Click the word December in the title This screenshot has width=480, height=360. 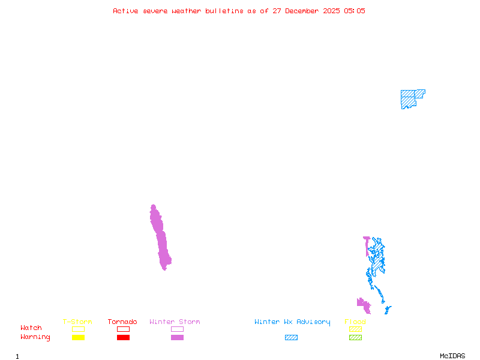(x=306, y=11)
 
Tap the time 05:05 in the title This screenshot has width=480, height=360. (x=354, y=11)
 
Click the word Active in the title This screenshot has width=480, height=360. (x=126, y=11)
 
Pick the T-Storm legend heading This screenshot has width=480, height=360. (x=77, y=322)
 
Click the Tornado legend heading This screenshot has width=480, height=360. (x=122, y=322)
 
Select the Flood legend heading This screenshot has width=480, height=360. (x=355, y=322)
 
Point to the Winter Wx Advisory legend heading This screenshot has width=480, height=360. (x=292, y=322)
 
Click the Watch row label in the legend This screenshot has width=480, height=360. (x=31, y=328)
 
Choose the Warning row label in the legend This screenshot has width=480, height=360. (x=35, y=337)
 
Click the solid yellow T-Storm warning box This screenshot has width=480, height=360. (x=78, y=338)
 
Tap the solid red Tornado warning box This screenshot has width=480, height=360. (x=123, y=338)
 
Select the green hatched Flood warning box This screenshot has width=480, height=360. (x=355, y=338)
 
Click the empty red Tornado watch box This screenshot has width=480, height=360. (x=123, y=329)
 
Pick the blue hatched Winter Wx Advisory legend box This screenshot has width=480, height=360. (x=291, y=338)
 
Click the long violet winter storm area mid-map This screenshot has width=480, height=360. (x=161, y=240)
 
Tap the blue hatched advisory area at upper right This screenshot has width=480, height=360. (x=409, y=98)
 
